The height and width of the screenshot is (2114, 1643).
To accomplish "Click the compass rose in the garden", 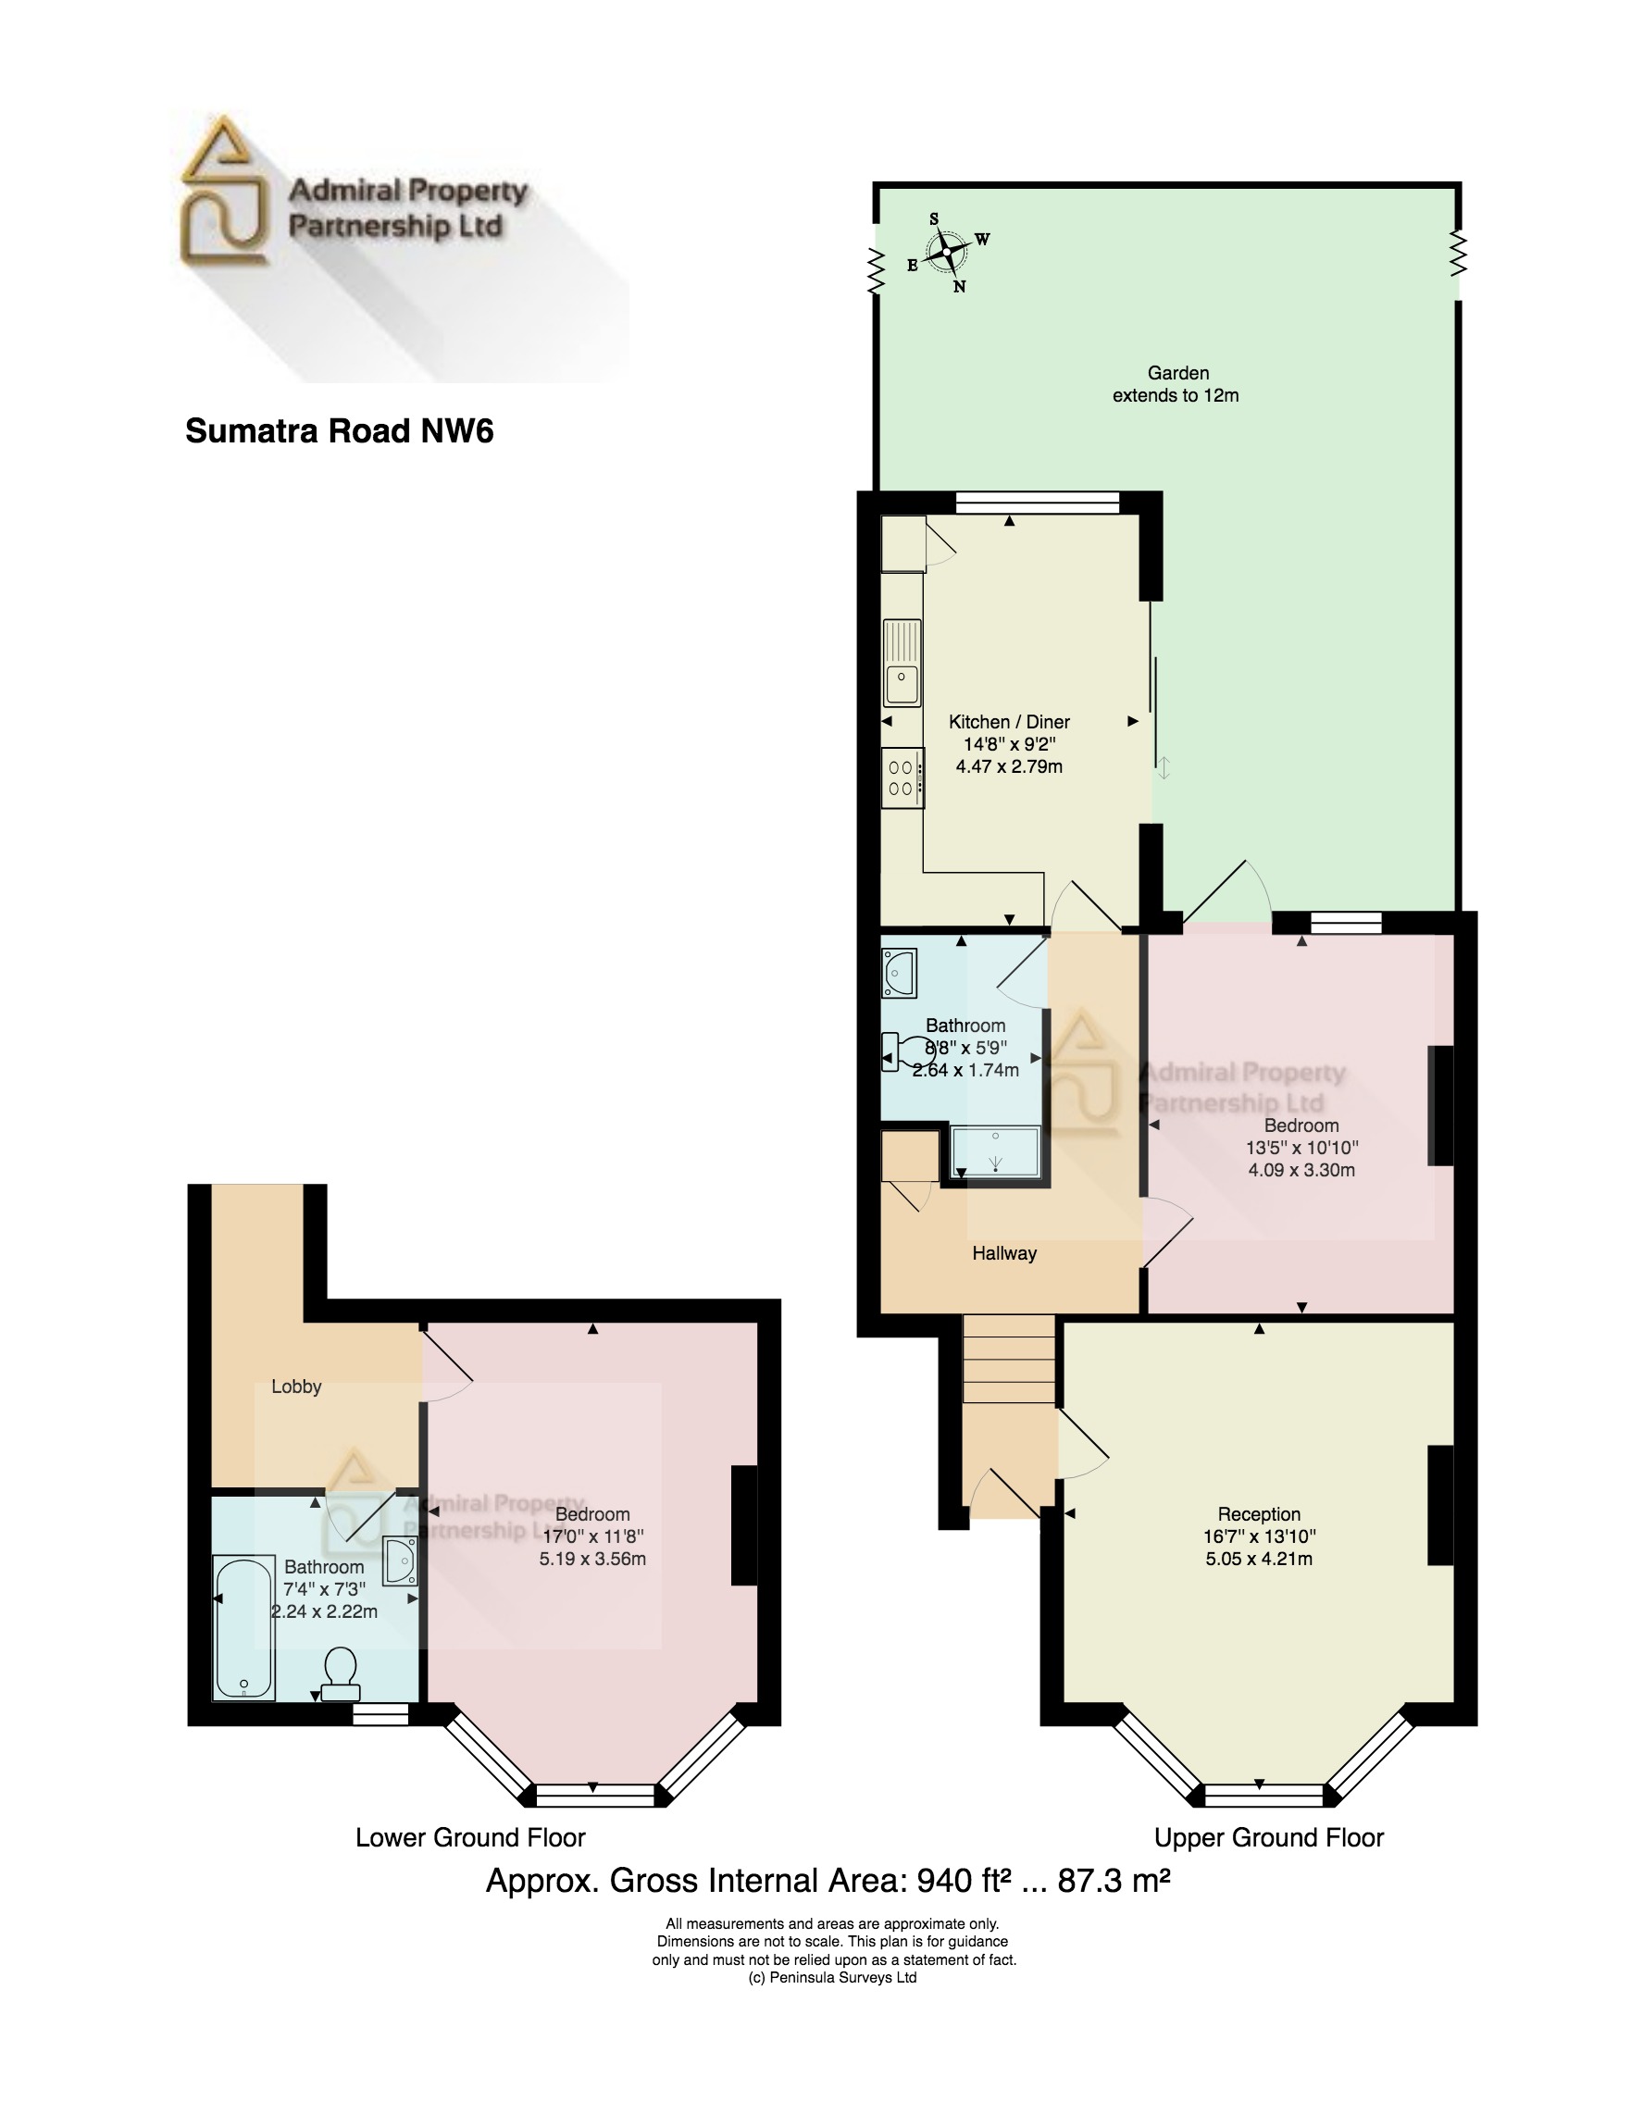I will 947,252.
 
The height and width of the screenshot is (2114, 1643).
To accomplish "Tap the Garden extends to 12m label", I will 1176,384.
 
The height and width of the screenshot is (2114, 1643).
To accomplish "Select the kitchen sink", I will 902,663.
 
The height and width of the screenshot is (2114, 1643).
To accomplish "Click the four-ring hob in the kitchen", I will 902,778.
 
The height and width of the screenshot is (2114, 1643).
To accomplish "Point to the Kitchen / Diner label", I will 1009,722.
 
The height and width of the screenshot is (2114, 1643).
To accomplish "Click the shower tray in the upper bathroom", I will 995,1151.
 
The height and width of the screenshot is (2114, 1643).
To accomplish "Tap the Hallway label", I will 1004,1253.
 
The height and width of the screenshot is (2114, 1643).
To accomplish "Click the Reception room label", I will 1259,1514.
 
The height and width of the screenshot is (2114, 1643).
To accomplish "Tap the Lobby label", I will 296,1387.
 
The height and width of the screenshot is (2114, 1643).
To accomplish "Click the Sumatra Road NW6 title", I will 339,430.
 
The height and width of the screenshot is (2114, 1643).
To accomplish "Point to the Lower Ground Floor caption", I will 470,1837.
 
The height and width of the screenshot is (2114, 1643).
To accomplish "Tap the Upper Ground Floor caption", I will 1268,1837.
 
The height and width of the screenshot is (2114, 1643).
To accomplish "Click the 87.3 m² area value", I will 1114,1881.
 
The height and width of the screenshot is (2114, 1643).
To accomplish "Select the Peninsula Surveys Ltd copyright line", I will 833,1978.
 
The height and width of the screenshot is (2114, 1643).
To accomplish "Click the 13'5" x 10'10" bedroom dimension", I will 1301,1148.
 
